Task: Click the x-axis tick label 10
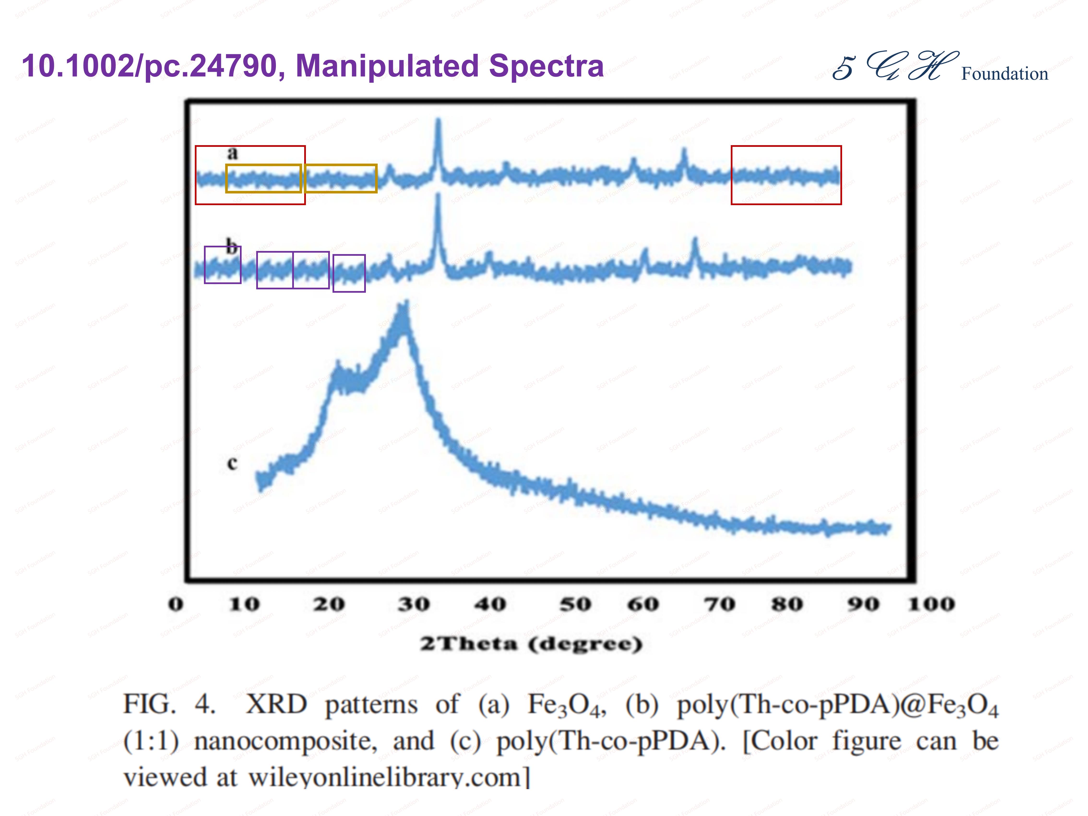coord(244,604)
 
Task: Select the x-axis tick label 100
coord(931,604)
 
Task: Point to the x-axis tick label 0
coord(176,604)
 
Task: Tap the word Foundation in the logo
coord(1004,74)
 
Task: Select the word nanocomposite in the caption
coord(285,741)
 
